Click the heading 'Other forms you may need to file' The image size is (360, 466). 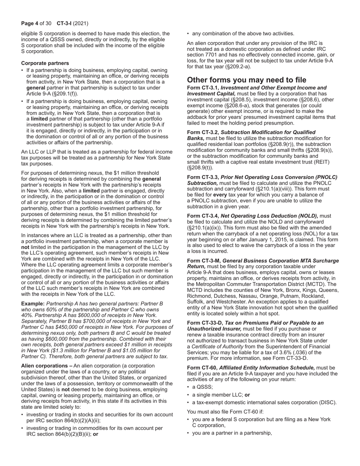click(247, 80)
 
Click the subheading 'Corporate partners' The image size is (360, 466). click(45, 63)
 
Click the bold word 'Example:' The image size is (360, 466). click(33, 303)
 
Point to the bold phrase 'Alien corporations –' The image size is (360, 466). click(47, 366)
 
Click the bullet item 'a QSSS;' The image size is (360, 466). click(203, 387)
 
